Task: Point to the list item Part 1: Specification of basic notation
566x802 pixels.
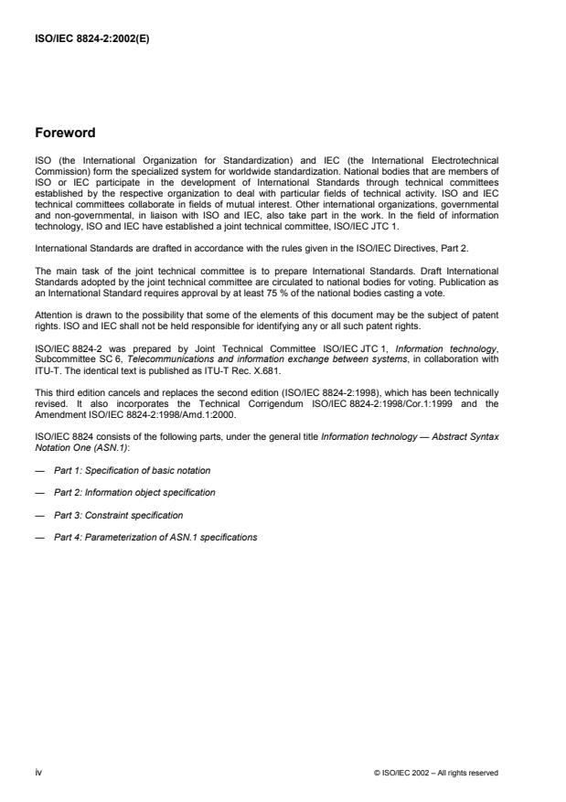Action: tap(132, 470)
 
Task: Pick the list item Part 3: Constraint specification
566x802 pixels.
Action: tap(119, 515)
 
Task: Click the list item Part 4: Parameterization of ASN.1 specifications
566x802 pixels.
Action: tap(155, 537)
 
